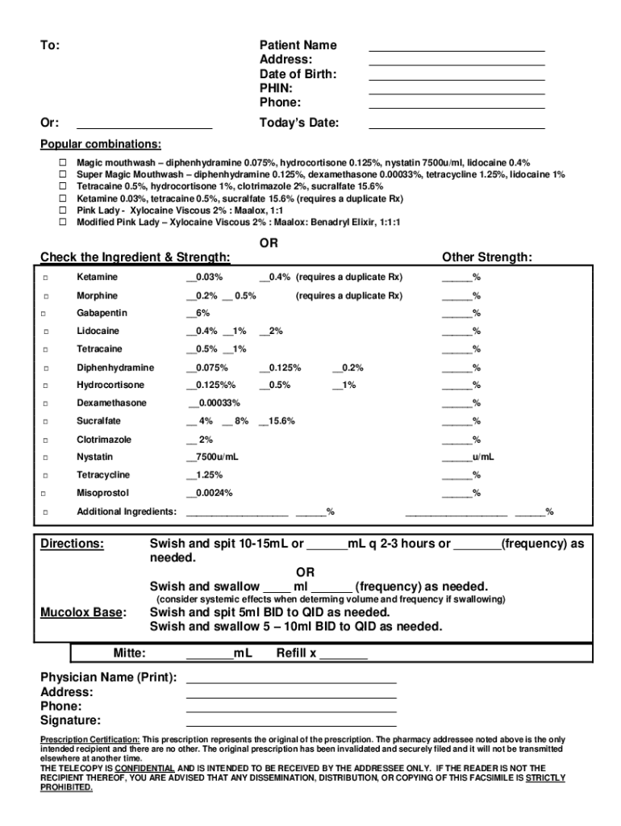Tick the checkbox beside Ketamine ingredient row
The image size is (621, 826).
click(46, 277)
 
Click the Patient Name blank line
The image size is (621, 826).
click(456, 50)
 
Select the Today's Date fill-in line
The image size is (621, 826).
click(456, 127)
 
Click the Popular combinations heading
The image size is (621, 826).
click(101, 144)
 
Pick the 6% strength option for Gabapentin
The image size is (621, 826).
click(198, 313)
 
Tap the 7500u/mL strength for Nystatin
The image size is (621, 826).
click(212, 457)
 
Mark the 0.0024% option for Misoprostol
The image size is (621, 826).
click(210, 493)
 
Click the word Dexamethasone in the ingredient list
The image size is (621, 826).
click(111, 403)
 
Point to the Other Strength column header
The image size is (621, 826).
click(486, 257)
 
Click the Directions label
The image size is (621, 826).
click(72, 544)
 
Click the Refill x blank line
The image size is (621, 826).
click(344, 659)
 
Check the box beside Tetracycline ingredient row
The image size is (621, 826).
click(46, 475)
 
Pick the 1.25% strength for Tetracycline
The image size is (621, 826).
click(205, 475)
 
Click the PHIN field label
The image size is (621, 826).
click(276, 88)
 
